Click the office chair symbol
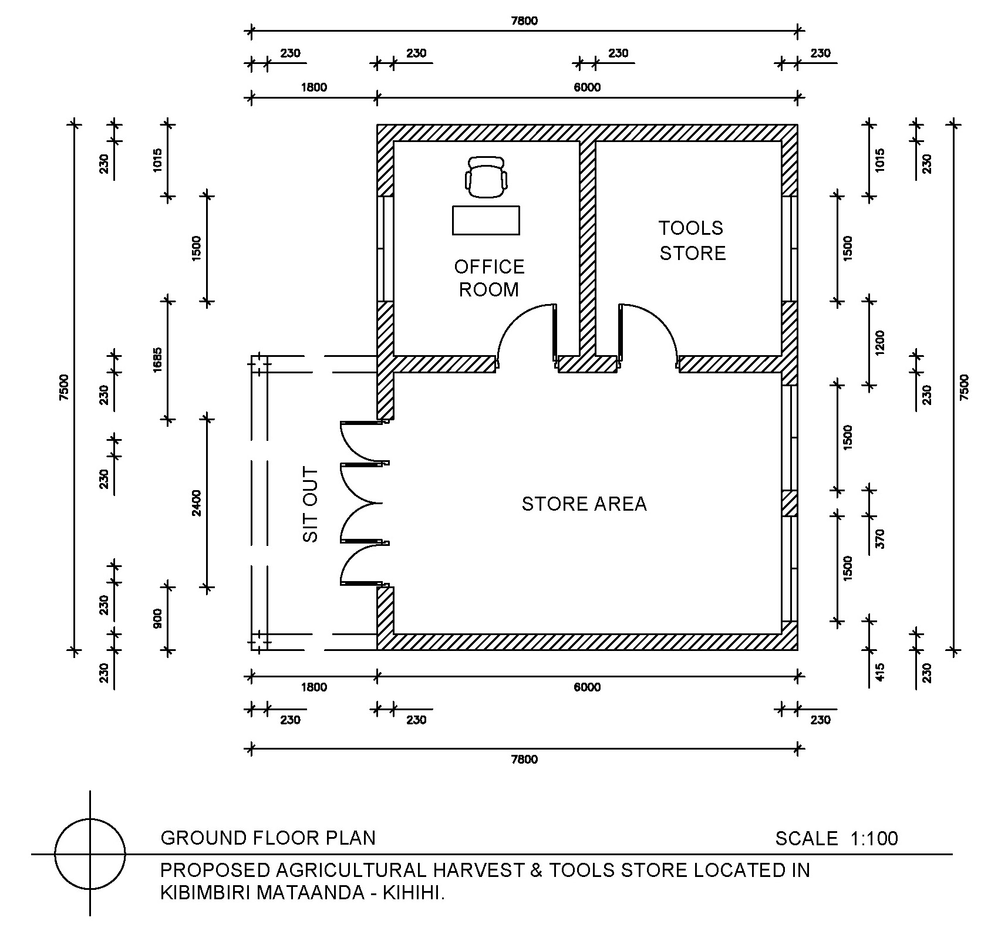[486, 177]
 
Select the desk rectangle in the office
[486, 220]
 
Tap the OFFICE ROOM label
[489, 278]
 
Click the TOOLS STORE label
[692, 241]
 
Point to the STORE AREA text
[584, 504]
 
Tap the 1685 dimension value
[158, 360]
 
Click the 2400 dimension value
[197, 503]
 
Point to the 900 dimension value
[158, 619]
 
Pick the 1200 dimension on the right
[879, 343]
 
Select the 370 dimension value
[879, 538]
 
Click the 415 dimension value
[879, 672]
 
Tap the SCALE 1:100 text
[836, 839]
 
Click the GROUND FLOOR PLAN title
[268, 838]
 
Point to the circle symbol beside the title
[90, 853]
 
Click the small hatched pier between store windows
[789, 503]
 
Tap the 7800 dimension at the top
[524, 21]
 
